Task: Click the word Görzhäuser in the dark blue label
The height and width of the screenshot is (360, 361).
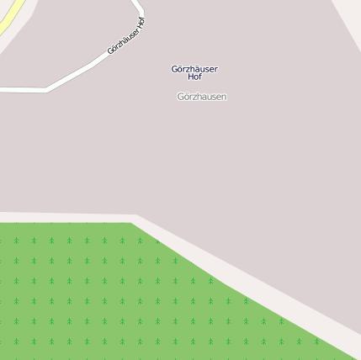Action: click(x=194, y=69)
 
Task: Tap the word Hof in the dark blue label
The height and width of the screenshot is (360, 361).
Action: click(x=194, y=77)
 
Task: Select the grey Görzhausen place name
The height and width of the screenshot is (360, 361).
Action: click(x=202, y=97)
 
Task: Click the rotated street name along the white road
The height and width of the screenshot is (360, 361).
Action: click(x=126, y=36)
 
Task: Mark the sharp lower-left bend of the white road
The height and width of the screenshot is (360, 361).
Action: click(x=47, y=88)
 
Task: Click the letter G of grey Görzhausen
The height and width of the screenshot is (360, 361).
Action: click(x=181, y=97)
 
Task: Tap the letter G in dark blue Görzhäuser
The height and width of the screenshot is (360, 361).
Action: click(x=174, y=69)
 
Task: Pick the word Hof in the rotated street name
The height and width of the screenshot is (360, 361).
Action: click(x=141, y=23)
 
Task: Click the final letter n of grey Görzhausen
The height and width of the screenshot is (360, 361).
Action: click(x=224, y=97)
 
